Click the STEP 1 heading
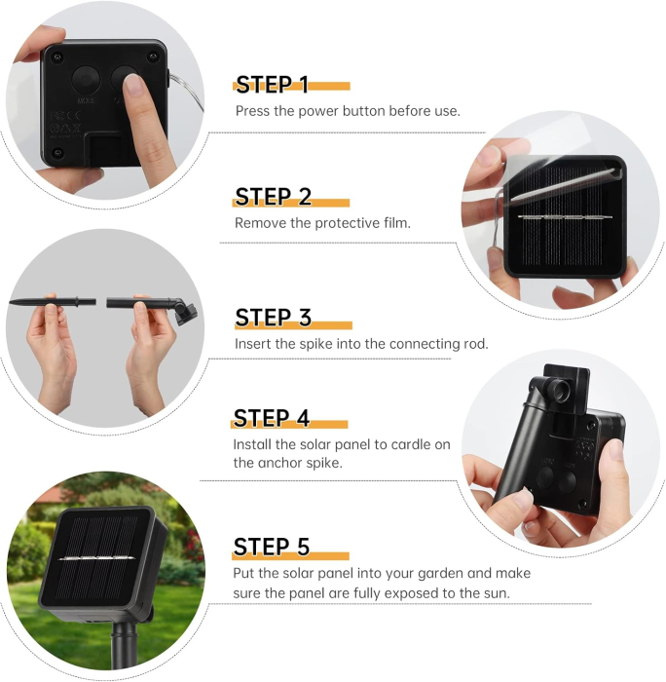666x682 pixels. point(272,85)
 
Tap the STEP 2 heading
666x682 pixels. point(273,197)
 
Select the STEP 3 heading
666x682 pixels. point(273,318)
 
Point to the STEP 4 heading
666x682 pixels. point(272,418)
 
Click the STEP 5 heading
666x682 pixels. point(272,547)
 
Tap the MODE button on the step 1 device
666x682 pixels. point(86,80)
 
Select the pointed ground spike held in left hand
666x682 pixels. point(53,301)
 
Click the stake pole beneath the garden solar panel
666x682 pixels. point(125,647)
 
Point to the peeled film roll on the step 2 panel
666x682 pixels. point(566,183)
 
